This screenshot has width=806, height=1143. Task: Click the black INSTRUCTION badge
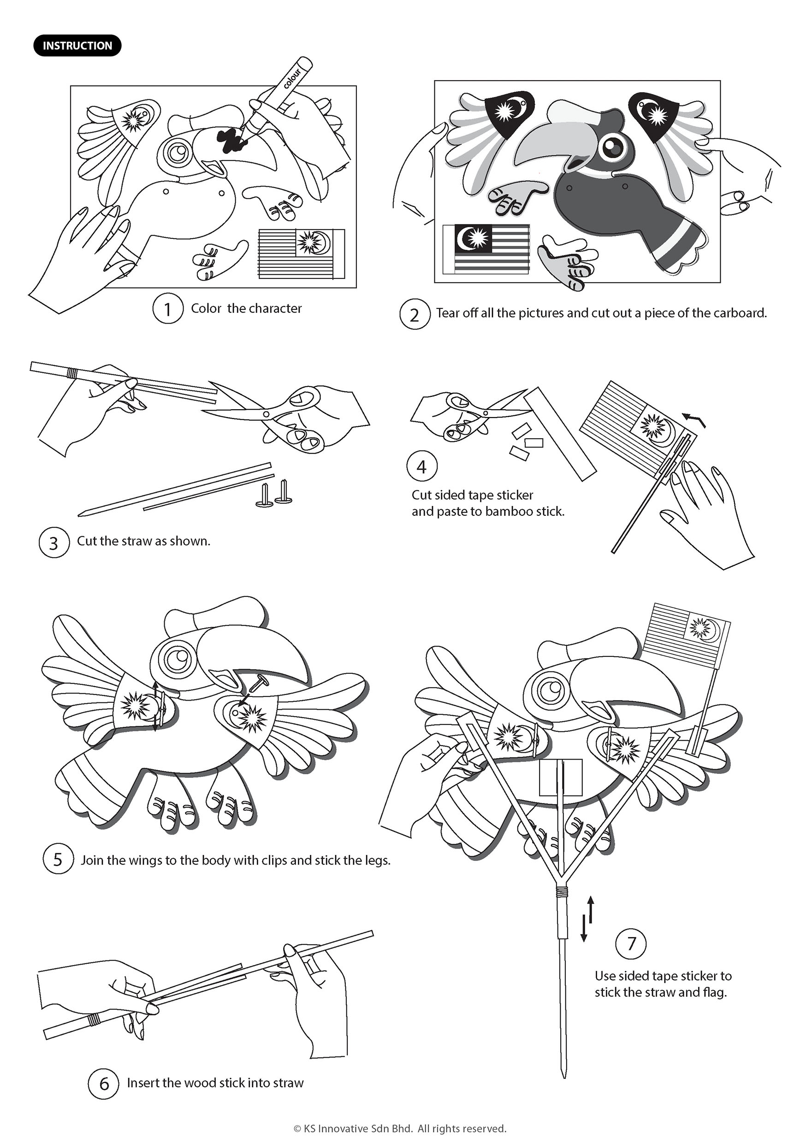click(x=77, y=46)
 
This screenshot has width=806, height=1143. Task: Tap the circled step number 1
click(x=167, y=309)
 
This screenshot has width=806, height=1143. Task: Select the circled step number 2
click(x=415, y=315)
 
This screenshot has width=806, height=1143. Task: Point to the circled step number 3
click(x=54, y=542)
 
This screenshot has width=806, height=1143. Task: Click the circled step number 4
click(x=422, y=466)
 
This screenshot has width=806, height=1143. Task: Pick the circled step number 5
click(x=58, y=860)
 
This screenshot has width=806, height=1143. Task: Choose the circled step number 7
click(x=632, y=943)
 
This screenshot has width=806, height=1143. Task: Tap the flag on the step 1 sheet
click(x=301, y=253)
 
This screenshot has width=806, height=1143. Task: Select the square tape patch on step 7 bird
click(x=561, y=777)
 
